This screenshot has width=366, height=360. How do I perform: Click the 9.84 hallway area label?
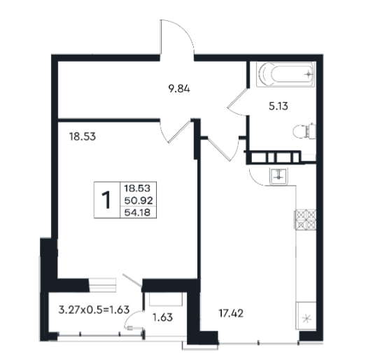click(x=179, y=89)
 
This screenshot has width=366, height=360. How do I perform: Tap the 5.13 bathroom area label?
click(x=279, y=106)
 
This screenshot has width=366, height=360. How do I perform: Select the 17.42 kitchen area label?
click(x=231, y=313)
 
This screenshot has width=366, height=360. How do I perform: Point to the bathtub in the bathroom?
click(x=286, y=74)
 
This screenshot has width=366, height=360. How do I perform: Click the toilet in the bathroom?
click(x=304, y=131)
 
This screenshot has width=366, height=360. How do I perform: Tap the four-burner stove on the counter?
click(x=306, y=220)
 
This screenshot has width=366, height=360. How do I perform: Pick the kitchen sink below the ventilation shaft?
click(x=279, y=176)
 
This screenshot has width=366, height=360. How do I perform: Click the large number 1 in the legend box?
click(x=106, y=200)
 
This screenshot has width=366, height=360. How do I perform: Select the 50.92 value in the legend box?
click(x=139, y=200)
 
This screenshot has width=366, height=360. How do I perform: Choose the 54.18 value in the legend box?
click(x=137, y=213)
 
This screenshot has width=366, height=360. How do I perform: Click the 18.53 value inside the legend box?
click(x=137, y=188)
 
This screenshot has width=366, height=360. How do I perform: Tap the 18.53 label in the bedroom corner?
click(x=83, y=137)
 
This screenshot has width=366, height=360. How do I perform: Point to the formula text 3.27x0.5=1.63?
click(x=94, y=310)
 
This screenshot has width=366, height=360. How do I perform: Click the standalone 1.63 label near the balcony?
click(x=162, y=317)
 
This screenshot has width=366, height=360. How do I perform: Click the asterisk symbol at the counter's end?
click(x=307, y=319)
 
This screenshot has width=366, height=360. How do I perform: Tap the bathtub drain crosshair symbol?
click(x=309, y=74)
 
